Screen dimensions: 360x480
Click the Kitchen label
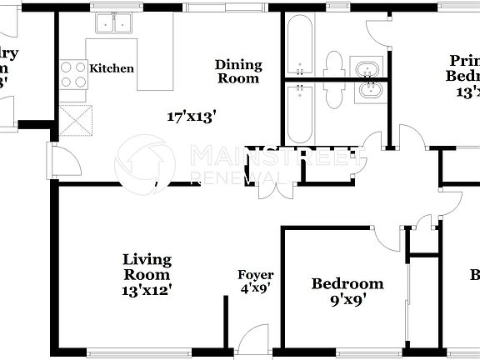pyautogui.click(x=112, y=68)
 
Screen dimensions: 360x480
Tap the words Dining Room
pyautogui.click(x=238, y=72)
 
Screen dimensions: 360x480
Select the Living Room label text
pyautogui.click(x=147, y=267)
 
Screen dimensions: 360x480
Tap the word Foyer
pyautogui.click(x=255, y=275)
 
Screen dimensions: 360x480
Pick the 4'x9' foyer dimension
pyautogui.click(x=255, y=288)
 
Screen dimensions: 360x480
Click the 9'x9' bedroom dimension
pyautogui.click(x=347, y=300)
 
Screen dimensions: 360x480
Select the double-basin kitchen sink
pyautogui.click(x=115, y=23)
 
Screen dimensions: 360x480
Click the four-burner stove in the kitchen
pyautogui.click(x=72, y=73)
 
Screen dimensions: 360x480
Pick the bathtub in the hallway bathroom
pyautogui.click(x=297, y=112)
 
